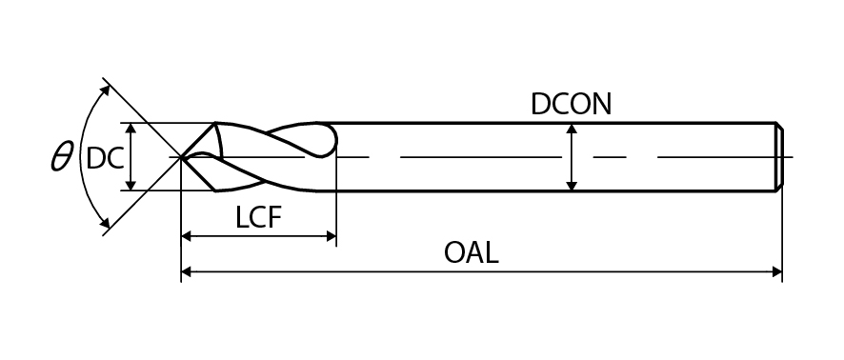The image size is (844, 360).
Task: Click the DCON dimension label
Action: pyautogui.click(x=572, y=105)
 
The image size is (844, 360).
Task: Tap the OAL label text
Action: pyautogui.click(x=471, y=252)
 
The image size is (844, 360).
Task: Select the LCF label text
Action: pyautogui.click(x=258, y=217)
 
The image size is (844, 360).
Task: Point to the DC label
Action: pyautogui.click(x=105, y=158)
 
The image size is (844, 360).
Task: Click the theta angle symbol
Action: pyautogui.click(x=61, y=157)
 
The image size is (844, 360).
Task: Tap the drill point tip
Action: pyautogui.click(x=180, y=157)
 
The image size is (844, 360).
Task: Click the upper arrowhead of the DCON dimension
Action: pyautogui.click(x=572, y=128)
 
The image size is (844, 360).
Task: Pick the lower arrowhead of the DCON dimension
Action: pyautogui.click(x=572, y=186)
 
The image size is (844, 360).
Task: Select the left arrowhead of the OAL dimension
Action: pyautogui.click(x=187, y=271)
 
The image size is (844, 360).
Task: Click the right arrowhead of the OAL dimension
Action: pyautogui.click(x=776, y=271)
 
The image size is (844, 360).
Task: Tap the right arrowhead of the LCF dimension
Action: pyautogui.click(x=332, y=235)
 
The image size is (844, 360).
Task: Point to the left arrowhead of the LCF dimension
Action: pyautogui.click(x=187, y=235)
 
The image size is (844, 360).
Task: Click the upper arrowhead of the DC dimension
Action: pyautogui.click(x=131, y=128)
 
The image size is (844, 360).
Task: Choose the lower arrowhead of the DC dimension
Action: pyautogui.click(x=131, y=185)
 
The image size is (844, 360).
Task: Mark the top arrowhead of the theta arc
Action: pyautogui.click(x=106, y=90)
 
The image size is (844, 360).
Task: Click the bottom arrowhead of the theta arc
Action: pyautogui.click(x=106, y=223)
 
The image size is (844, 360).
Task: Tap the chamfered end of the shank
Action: pyautogui.click(x=779, y=156)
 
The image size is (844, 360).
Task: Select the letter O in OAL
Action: pyautogui.click(x=454, y=252)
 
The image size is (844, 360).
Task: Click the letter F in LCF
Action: pyautogui.click(x=275, y=217)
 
